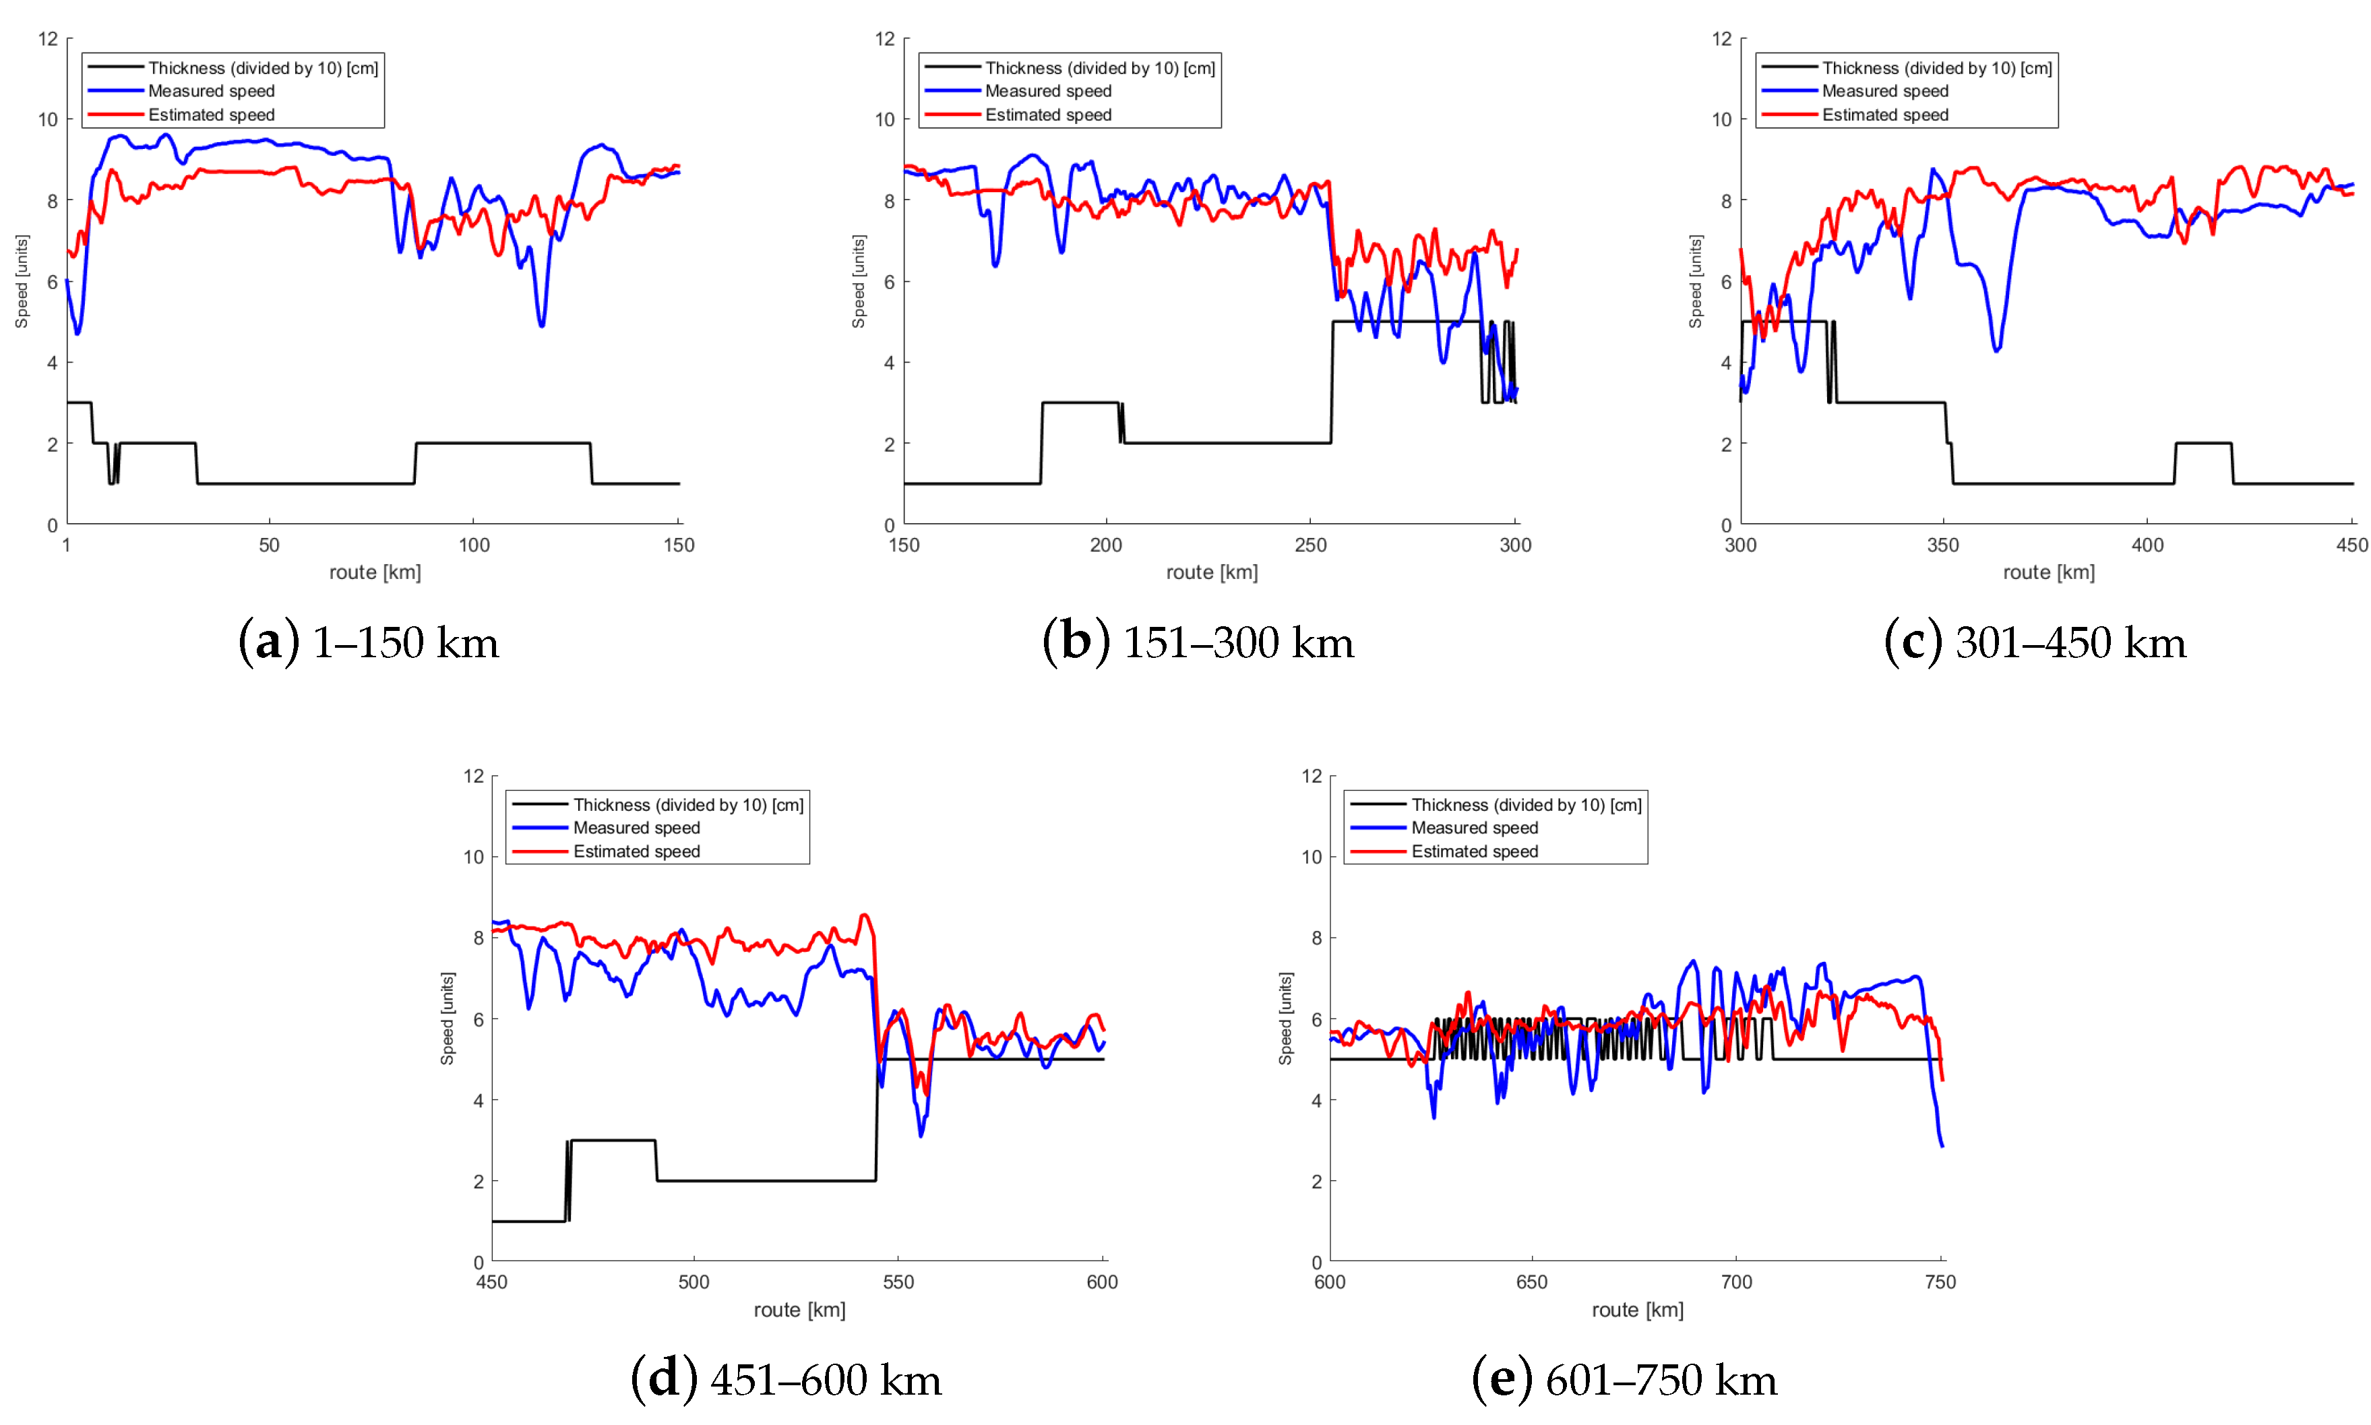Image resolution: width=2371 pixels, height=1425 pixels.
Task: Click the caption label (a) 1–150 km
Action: (369, 642)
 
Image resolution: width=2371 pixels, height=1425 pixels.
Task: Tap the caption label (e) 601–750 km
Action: (1624, 1379)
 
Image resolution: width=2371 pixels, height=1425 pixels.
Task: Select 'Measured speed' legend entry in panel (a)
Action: (211, 91)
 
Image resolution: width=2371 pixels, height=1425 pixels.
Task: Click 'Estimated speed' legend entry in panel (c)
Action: (1884, 115)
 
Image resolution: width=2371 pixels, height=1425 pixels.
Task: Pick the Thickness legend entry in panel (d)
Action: (688, 805)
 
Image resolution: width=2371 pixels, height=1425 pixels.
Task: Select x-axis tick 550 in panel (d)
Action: (898, 1282)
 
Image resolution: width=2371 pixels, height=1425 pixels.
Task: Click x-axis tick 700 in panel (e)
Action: (1735, 1282)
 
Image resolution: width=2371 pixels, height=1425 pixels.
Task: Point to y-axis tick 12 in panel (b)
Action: (884, 39)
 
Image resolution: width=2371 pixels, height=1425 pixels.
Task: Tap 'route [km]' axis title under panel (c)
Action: (2048, 572)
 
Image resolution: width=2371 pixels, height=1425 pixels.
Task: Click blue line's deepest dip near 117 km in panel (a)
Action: (543, 326)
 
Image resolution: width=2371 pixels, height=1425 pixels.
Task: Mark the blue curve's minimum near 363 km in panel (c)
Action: (1997, 351)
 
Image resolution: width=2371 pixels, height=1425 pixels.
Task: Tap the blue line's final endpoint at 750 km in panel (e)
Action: (1942, 1145)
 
